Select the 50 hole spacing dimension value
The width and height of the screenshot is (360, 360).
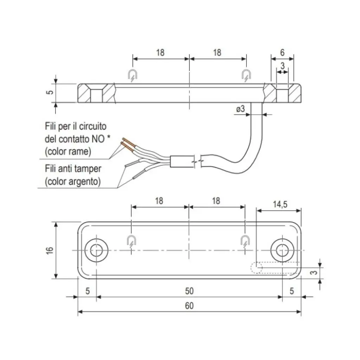189,291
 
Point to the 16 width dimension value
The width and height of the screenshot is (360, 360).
50,250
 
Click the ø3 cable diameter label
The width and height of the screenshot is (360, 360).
240,109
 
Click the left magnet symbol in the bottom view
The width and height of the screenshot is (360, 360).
131,241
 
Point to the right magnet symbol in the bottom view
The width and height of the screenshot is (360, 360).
245,241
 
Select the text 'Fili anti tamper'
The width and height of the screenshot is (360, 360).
73,169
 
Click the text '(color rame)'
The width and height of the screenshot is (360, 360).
68,152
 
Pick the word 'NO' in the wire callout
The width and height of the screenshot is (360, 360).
98,139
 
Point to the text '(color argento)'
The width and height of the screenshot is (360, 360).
73,181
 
